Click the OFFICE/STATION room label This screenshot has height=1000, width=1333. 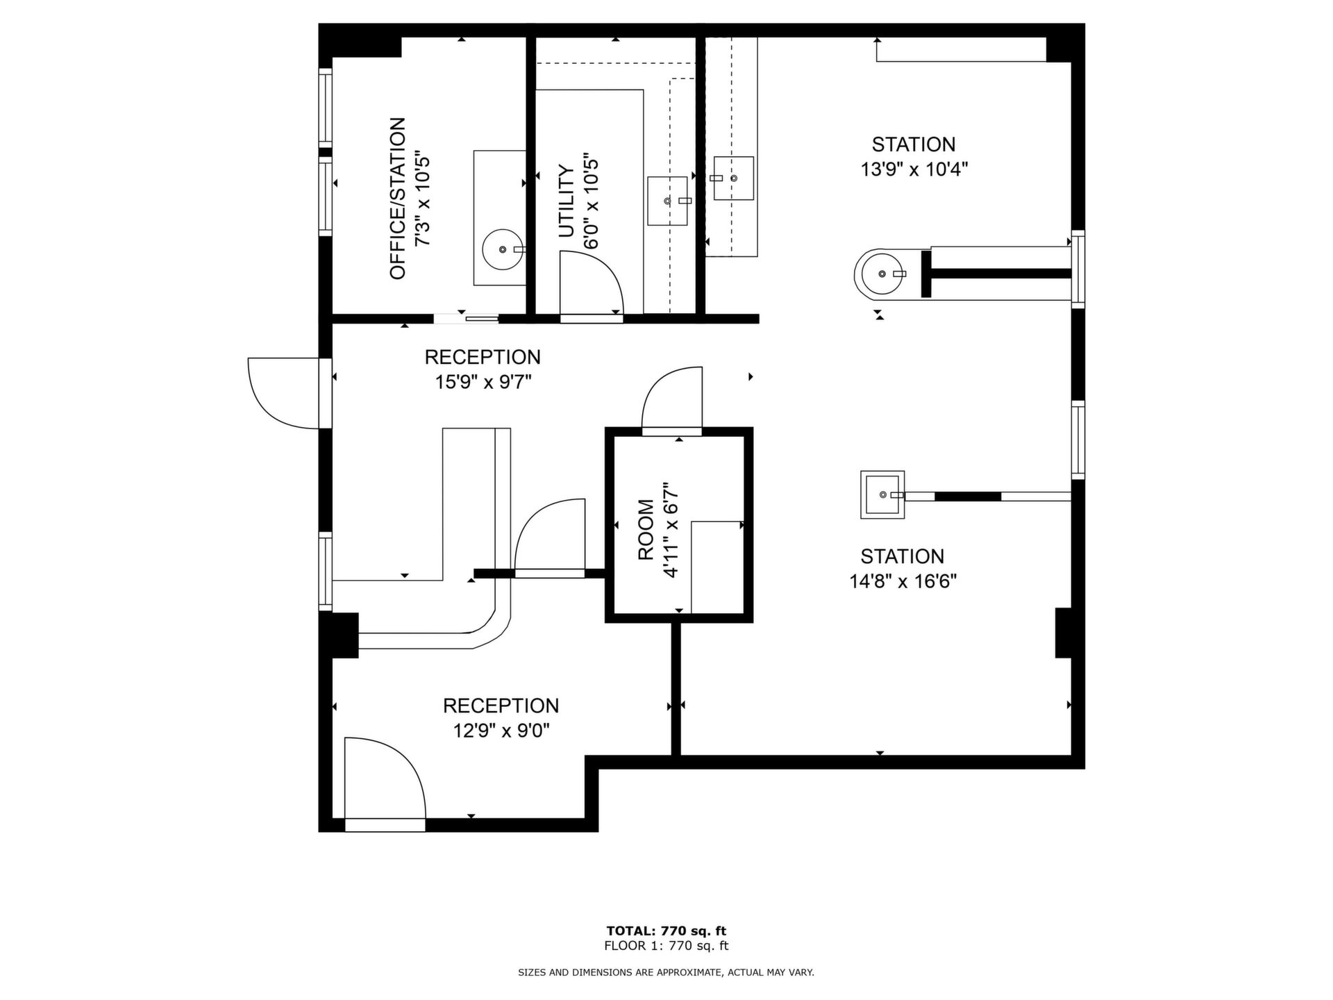point(397,199)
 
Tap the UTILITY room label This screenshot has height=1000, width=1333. point(567,201)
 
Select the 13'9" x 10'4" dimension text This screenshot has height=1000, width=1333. point(914,169)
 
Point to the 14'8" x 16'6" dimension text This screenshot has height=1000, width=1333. point(903,581)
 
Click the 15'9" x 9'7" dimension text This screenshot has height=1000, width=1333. point(483,382)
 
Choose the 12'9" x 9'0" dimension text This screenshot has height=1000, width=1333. point(501,731)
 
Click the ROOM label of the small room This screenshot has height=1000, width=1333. point(646,530)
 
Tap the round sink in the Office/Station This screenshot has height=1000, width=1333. point(503,249)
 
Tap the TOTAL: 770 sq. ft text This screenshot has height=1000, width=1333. point(666,931)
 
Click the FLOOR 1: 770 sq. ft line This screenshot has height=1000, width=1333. point(666,946)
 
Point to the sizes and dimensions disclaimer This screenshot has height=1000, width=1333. point(666,973)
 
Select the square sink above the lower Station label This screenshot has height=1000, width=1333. point(882,494)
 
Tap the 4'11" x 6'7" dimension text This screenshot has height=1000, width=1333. point(671,530)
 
